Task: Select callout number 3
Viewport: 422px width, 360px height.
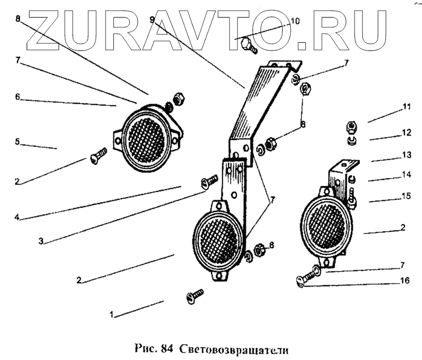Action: pos(40,242)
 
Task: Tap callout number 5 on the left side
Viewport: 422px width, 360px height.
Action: pos(17,142)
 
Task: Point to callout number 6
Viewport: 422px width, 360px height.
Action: pos(17,97)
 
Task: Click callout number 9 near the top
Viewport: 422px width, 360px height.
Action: pos(152,20)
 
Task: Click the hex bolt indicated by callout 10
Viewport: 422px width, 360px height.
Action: pos(247,45)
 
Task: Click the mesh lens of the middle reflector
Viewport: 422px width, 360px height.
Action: pos(217,239)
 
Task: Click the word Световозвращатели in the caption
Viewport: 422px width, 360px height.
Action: pos(236,348)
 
